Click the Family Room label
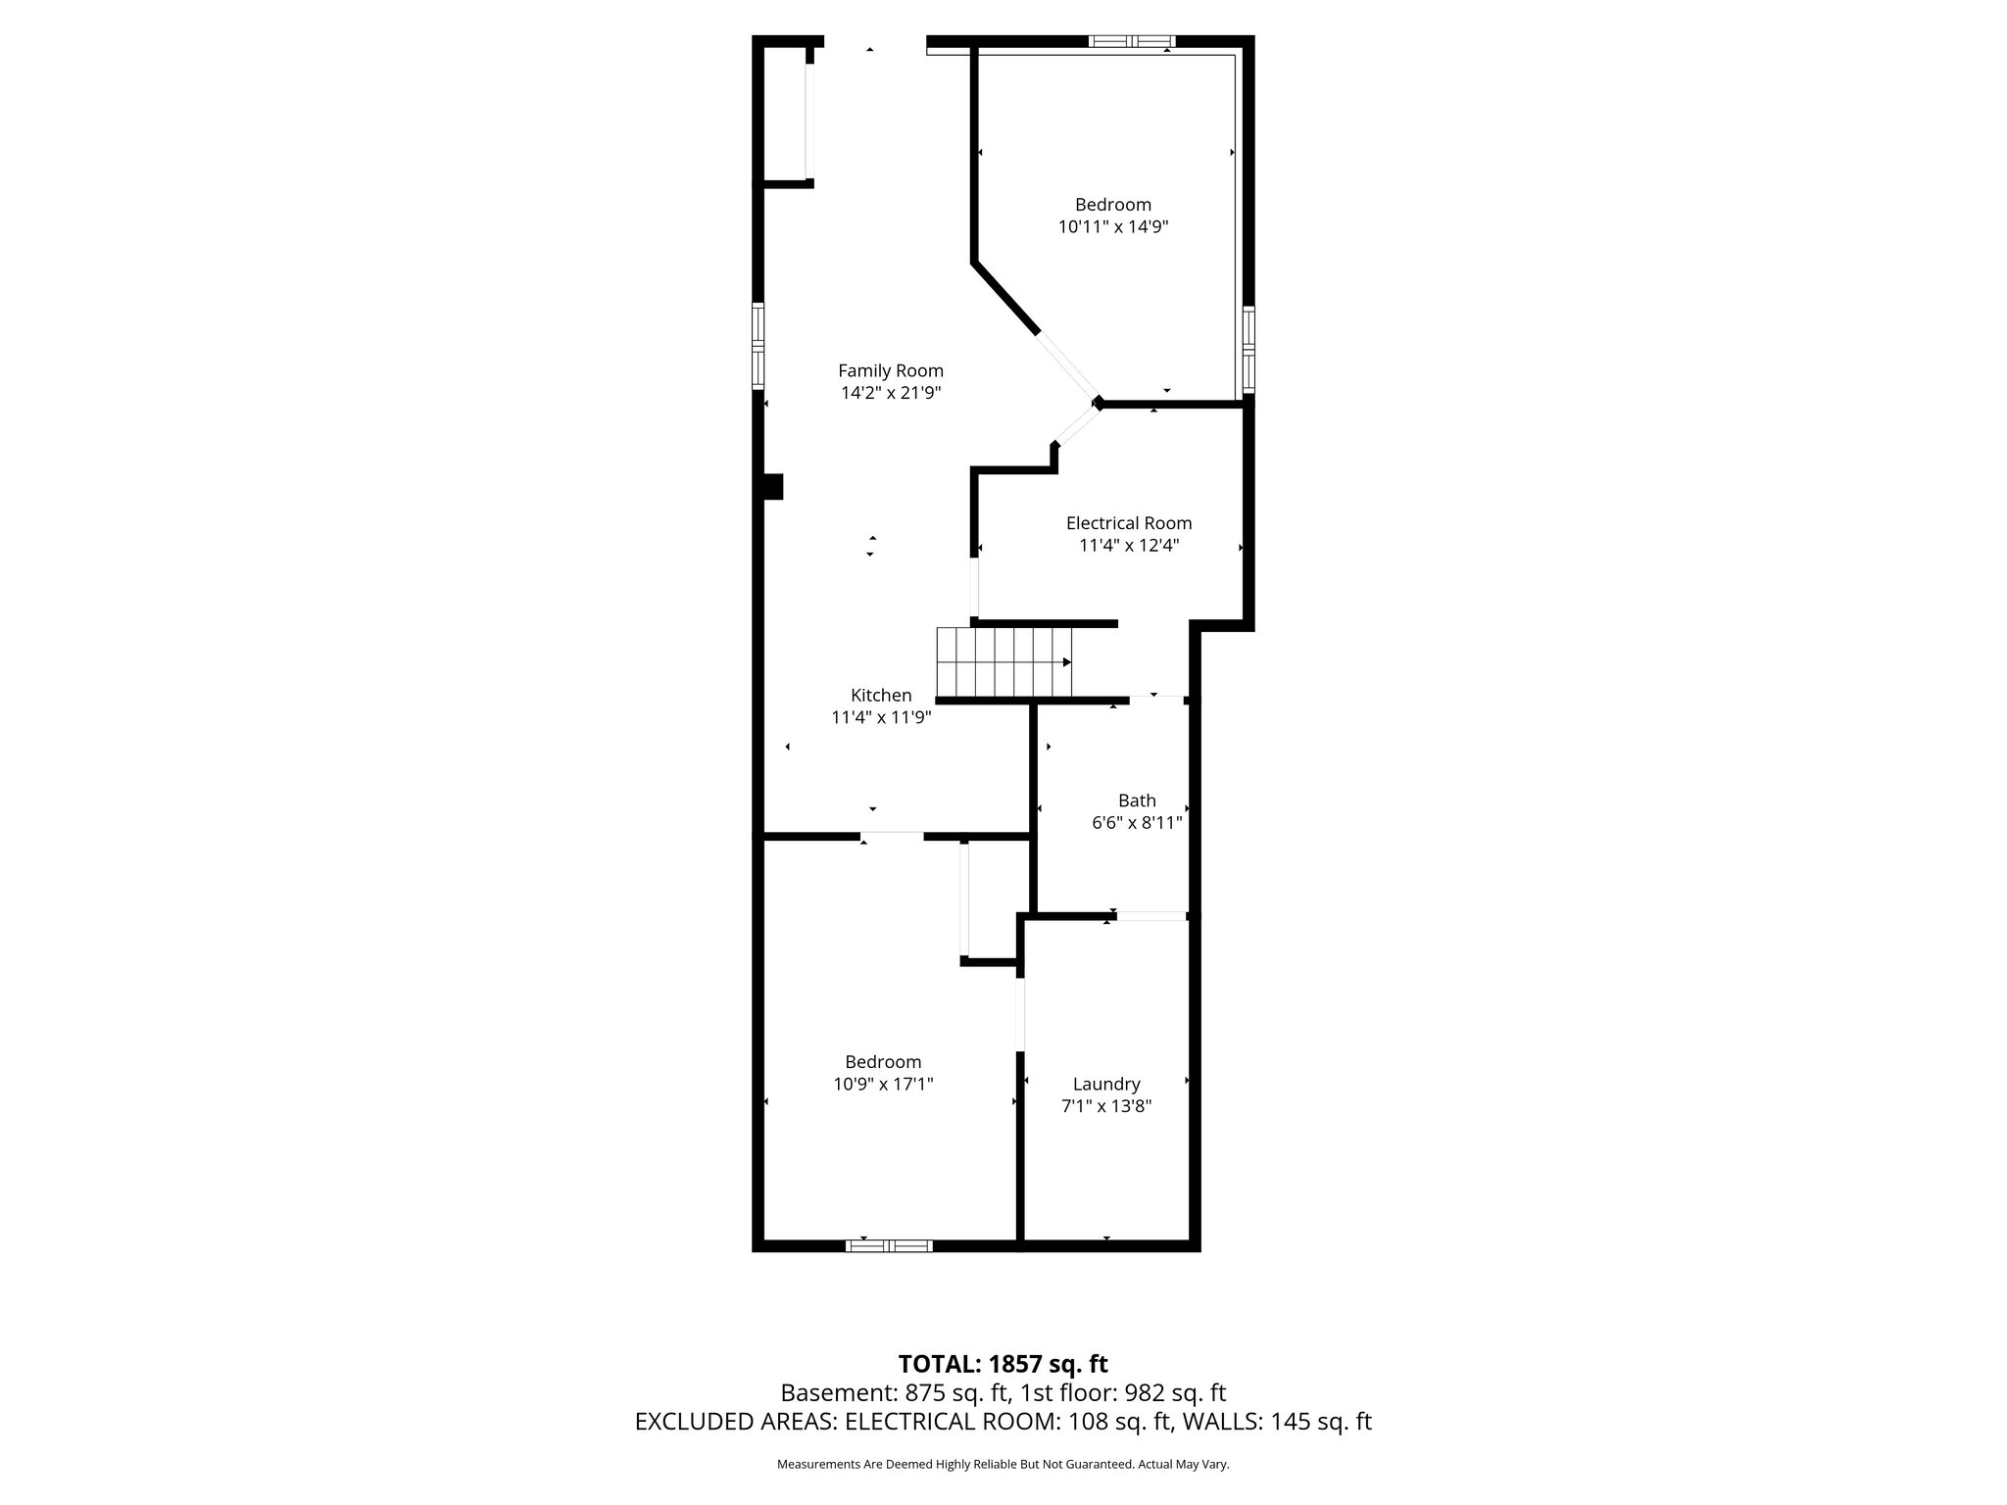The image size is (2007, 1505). tap(890, 370)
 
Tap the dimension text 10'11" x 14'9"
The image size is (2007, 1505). tap(1112, 227)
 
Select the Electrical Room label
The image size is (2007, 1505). tap(1128, 523)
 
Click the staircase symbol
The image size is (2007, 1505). tap(1004, 662)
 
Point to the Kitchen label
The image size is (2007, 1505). tap(880, 695)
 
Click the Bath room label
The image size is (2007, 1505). tap(1136, 801)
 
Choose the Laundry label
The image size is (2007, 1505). tap(1105, 1084)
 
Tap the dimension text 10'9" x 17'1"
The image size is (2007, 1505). tap(882, 1085)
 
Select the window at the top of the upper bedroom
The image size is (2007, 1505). tap(1131, 41)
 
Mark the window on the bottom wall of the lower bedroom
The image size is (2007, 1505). tap(888, 1245)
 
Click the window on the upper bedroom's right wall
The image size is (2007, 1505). tap(1248, 350)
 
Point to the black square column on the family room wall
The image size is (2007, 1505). tap(773, 487)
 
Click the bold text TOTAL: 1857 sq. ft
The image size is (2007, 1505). tap(1003, 1363)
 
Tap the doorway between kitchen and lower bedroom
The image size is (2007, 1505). tap(892, 836)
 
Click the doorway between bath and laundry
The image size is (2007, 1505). tap(1151, 916)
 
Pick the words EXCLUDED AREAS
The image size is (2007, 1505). tap(735, 1422)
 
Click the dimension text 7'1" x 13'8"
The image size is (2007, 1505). tap(1105, 1106)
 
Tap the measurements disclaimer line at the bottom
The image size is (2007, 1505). tap(1003, 1464)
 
